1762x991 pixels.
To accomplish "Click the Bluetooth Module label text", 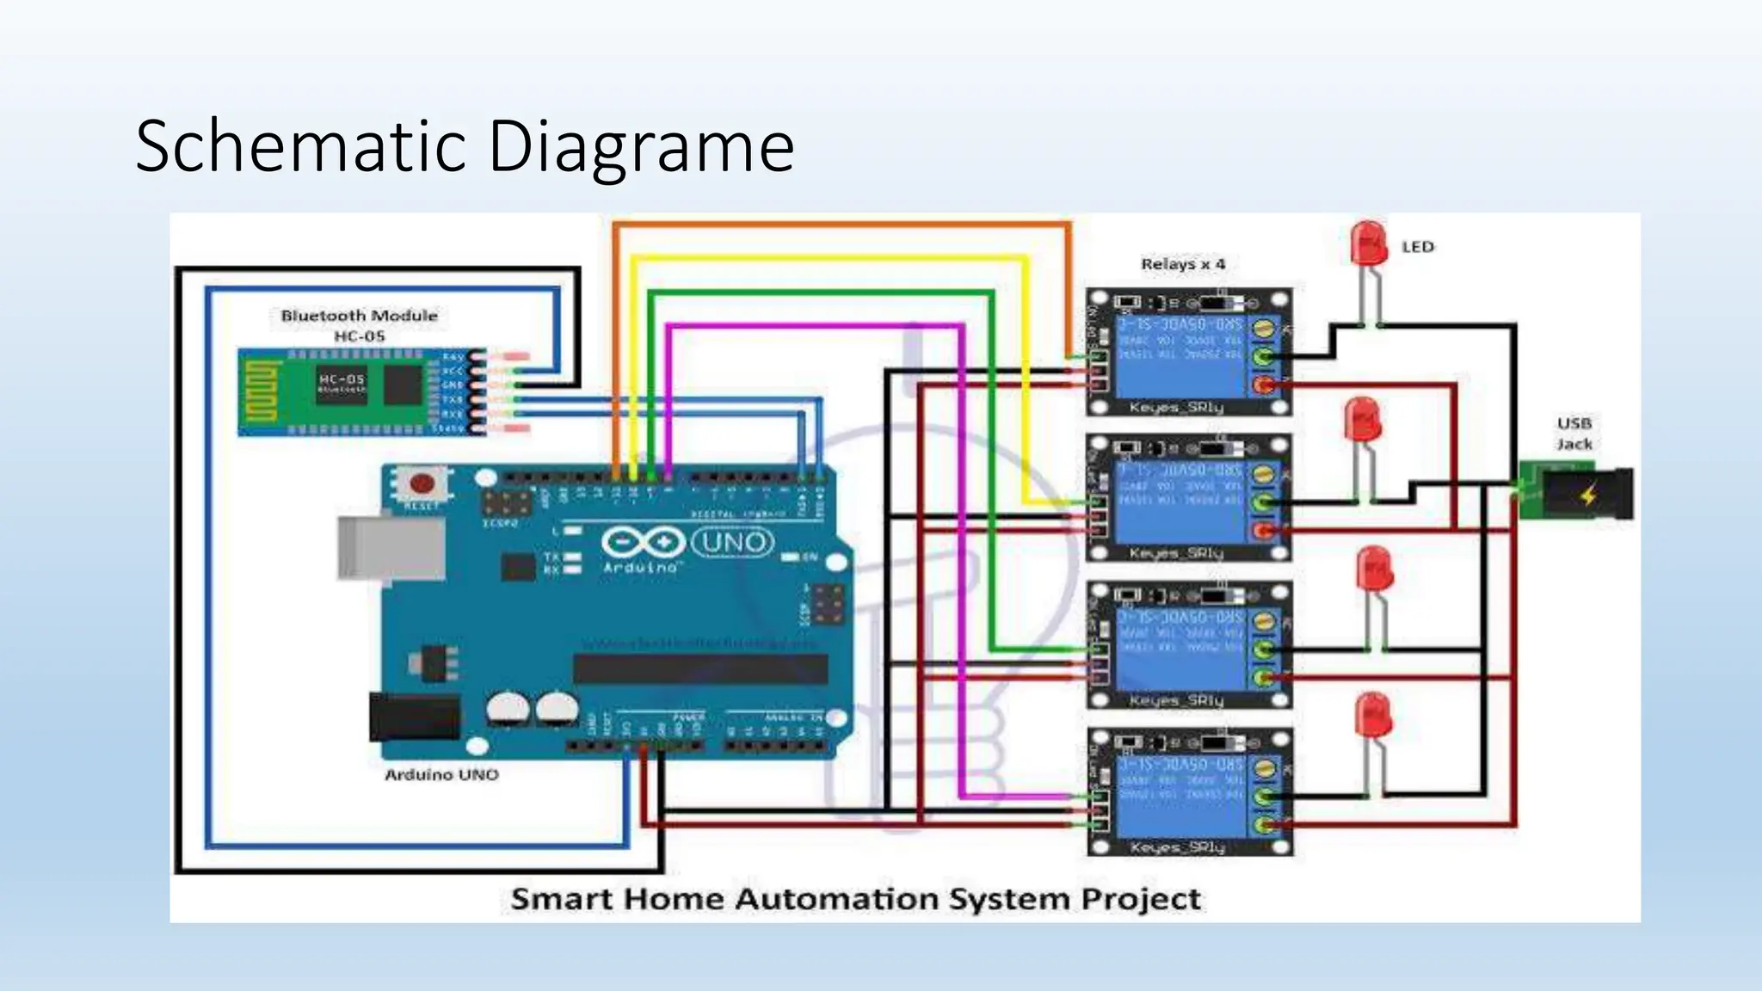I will pos(359,316).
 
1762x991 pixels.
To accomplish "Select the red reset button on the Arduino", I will pos(422,483).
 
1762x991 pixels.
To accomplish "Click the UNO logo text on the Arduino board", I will pos(732,543).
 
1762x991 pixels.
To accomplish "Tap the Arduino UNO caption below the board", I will pos(440,775).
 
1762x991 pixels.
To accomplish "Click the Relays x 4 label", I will pos(1183,264).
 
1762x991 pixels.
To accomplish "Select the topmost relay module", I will pos(1189,353).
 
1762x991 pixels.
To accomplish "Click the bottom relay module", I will pos(1189,791).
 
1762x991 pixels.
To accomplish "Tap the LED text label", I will pos(1418,247).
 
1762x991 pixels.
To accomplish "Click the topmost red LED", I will pos(1368,244).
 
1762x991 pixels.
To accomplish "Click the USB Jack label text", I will pos(1574,434).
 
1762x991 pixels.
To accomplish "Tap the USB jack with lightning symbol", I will pos(1583,494).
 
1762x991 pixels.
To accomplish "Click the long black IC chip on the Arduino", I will pos(700,668).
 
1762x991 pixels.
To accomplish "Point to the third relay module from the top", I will pos(1189,645).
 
